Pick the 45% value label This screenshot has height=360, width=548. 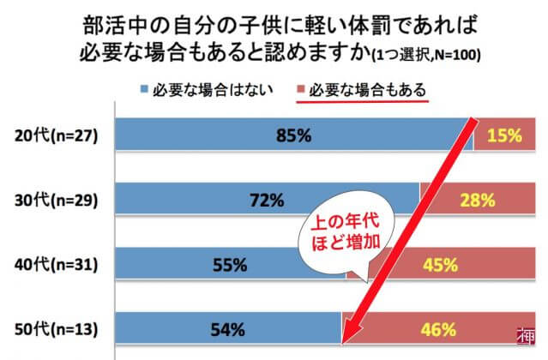coord(439,265)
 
